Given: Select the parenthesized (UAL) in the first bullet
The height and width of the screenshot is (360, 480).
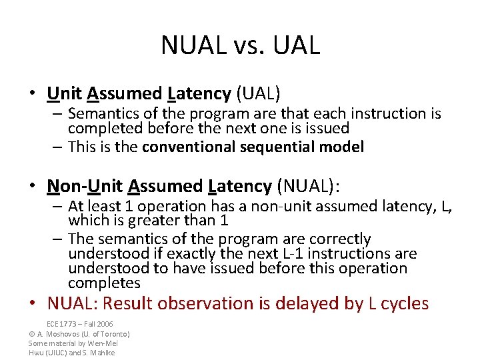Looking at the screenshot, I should point(256,93).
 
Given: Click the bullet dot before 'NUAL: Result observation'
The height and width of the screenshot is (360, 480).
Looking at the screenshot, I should point(33,304).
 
